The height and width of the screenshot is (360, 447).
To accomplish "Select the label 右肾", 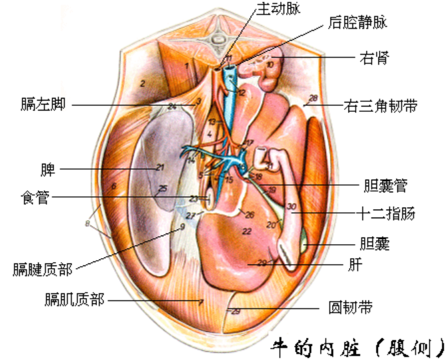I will tap(374, 59).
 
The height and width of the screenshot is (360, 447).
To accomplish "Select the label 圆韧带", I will tap(351, 308).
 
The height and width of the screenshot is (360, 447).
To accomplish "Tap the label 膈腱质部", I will tap(42, 270).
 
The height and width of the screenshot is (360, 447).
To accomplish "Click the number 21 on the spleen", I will tap(160, 167).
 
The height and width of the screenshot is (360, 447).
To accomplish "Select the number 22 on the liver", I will tap(246, 231).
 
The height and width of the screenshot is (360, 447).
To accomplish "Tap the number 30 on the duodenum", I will tap(291, 208).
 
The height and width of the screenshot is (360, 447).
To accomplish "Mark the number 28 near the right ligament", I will tap(313, 98).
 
